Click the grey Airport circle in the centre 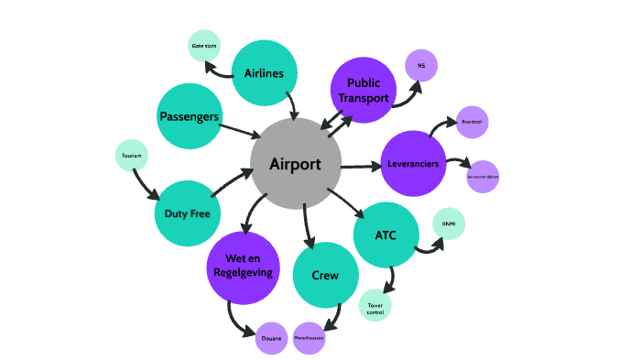click(x=295, y=163)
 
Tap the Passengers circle click(x=189, y=115)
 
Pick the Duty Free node click(x=188, y=213)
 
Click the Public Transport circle click(x=363, y=89)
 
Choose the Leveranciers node click(x=413, y=163)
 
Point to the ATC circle click(x=386, y=235)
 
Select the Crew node click(x=325, y=275)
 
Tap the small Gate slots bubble click(x=204, y=46)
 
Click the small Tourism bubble click(x=131, y=156)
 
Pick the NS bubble click(x=421, y=65)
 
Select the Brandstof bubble click(x=472, y=122)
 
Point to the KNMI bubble click(x=449, y=224)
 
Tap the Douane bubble click(x=272, y=338)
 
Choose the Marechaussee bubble click(x=310, y=338)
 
